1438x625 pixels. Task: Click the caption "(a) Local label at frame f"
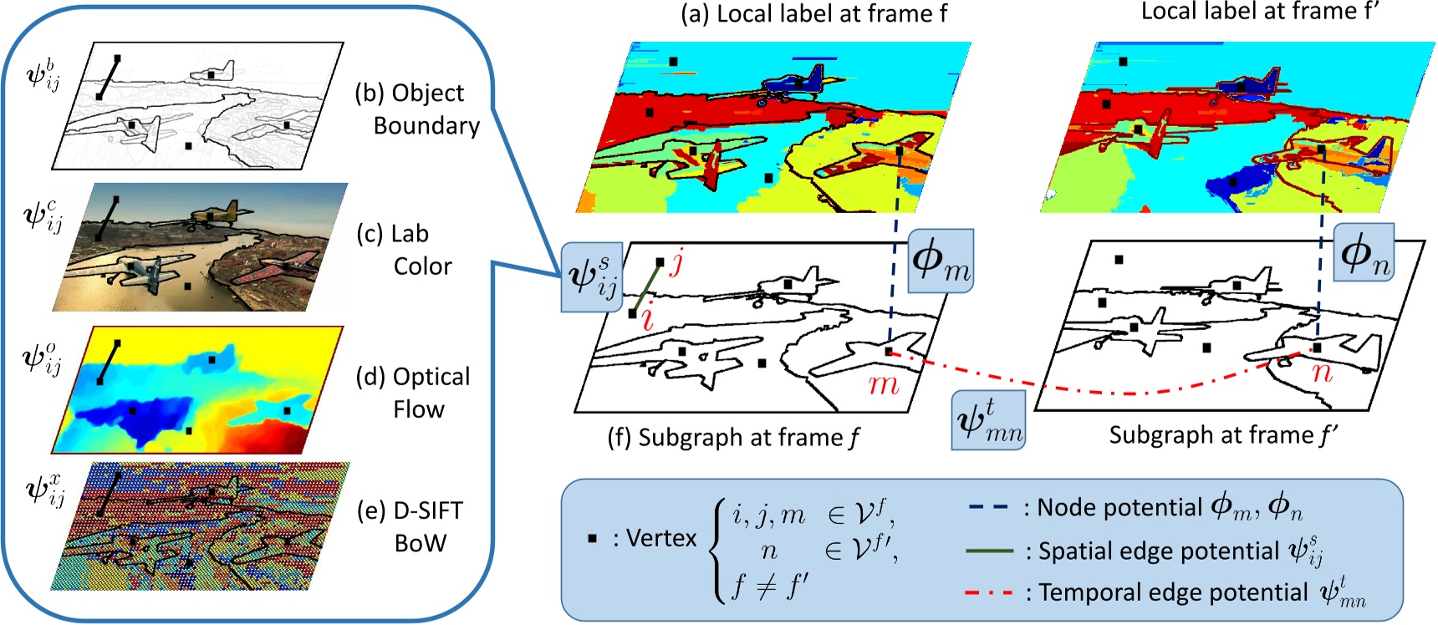pyautogui.click(x=813, y=14)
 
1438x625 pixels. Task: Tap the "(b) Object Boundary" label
pyautogui.click(x=417, y=109)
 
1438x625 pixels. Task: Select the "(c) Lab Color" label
pyautogui.click(x=405, y=249)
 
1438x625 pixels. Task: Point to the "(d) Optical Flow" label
pyautogui.click(x=413, y=392)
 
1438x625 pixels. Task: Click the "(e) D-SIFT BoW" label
pyautogui.click(x=410, y=526)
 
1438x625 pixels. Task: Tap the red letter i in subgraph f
pyautogui.click(x=647, y=318)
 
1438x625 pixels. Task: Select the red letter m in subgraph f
pyautogui.click(x=883, y=385)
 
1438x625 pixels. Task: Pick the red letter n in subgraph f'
pyautogui.click(x=1322, y=371)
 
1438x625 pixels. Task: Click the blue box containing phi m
pyautogui.click(x=940, y=261)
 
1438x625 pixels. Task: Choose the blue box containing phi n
pyautogui.click(x=1364, y=252)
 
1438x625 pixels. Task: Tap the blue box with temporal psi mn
pyautogui.click(x=989, y=420)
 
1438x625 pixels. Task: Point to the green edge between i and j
pyautogui.click(x=645, y=288)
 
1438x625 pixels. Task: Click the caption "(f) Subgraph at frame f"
pyautogui.click(x=733, y=437)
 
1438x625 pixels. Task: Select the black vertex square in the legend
pyautogui.click(x=592, y=538)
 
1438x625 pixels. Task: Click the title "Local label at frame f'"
pyautogui.click(x=1259, y=12)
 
